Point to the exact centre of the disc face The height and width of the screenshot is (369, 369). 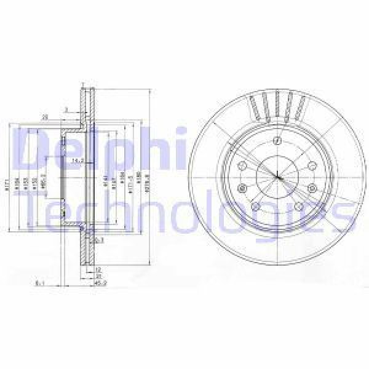tap(277, 177)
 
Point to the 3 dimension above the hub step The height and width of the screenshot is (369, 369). tap(66, 111)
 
